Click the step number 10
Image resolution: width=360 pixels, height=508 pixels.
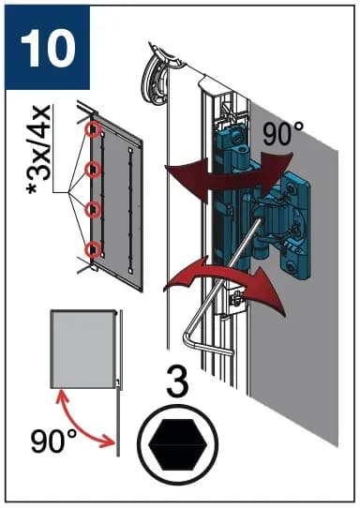[48, 48]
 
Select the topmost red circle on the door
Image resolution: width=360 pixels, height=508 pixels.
[93, 129]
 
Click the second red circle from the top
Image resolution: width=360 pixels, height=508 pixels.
[93, 169]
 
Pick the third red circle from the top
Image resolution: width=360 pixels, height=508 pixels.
[93, 210]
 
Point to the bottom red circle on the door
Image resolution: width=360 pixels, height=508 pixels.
[93, 250]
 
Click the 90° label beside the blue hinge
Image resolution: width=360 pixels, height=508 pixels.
[283, 133]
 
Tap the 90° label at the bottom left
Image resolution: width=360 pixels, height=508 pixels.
[53, 441]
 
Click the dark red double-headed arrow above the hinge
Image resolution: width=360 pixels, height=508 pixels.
[229, 175]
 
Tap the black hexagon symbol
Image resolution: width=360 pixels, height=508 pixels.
[178, 444]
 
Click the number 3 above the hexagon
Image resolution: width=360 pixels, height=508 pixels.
[178, 382]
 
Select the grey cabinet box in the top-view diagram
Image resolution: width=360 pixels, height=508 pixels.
[83, 349]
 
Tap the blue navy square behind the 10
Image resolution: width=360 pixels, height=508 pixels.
[47, 47]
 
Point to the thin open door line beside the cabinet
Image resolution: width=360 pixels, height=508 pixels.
[118, 382]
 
